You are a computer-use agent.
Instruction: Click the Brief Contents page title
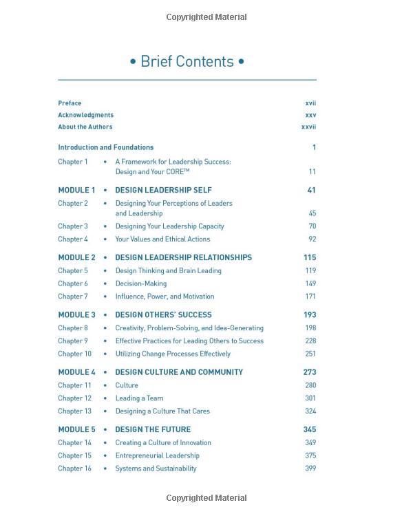coord(187,61)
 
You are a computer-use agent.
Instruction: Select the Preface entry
coord(70,103)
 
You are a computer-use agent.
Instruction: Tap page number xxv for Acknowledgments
coord(310,115)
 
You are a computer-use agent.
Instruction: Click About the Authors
coord(85,127)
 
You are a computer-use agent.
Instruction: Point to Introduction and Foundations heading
coord(105,147)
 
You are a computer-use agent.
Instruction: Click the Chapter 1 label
coord(73,162)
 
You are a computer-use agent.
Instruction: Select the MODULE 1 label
coord(76,190)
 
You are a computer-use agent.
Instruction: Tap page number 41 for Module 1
coord(311,190)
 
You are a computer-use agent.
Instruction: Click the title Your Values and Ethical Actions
coord(162,239)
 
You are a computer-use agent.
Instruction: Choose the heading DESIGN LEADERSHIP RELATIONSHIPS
coord(183,257)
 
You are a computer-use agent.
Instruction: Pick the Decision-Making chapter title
coord(140,283)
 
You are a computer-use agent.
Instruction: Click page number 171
coord(310,297)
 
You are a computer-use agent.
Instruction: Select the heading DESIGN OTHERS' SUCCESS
coord(163,314)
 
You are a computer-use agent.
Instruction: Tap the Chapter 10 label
coord(74,354)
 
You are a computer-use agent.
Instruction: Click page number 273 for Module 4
coord(309,372)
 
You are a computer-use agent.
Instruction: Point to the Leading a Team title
coord(139,398)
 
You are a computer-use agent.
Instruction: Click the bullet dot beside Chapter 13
coord(105,411)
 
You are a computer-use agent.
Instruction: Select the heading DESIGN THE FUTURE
coord(153,429)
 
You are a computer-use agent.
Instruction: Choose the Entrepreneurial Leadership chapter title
coord(157,455)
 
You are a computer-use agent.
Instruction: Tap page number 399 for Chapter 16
coord(310,469)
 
